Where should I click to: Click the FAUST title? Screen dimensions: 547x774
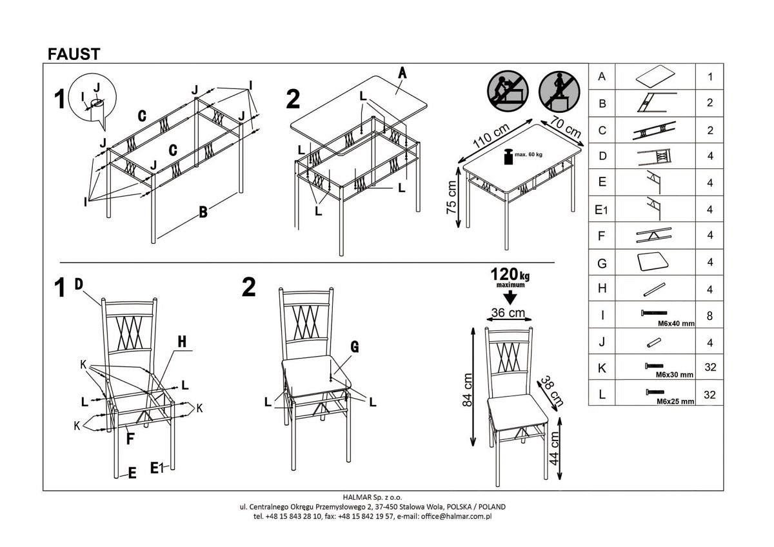coord(74,54)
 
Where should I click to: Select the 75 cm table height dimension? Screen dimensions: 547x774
coord(451,197)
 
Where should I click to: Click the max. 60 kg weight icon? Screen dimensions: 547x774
coord(508,155)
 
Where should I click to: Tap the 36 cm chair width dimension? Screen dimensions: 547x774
coord(508,313)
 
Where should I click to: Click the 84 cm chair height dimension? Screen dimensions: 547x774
coord(468,391)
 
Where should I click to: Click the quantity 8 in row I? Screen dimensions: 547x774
coord(710,316)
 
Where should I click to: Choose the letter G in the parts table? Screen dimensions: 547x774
coord(602,263)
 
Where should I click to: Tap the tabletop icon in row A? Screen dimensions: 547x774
coord(655,76)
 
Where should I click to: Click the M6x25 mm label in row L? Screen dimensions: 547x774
coord(675,401)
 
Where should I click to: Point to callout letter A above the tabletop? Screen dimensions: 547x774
coord(401,73)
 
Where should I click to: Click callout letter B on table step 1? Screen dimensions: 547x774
coord(203,212)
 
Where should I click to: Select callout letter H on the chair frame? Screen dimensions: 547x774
coord(182,343)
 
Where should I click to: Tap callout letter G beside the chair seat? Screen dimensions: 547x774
coord(354,346)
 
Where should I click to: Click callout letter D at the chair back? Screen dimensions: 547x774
coord(79,284)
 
